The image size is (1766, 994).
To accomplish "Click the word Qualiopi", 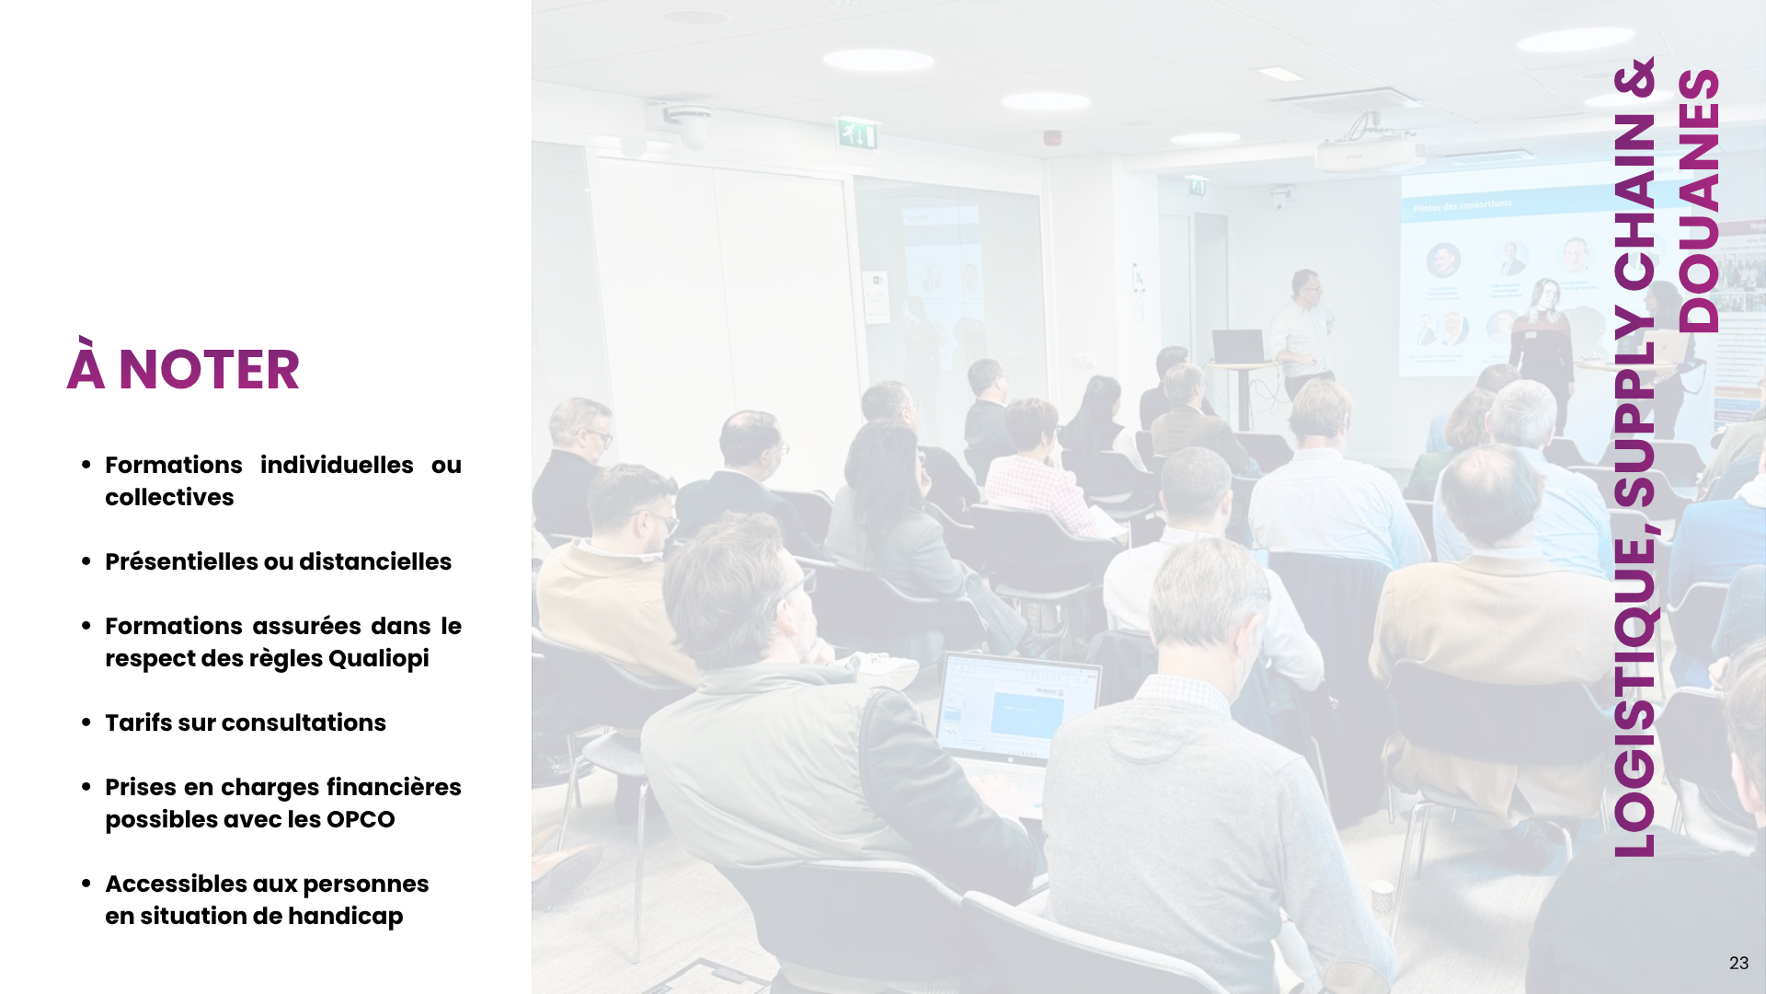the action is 378,659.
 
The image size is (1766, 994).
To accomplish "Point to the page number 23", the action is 1738,963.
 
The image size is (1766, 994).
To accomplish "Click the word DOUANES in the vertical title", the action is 1698,201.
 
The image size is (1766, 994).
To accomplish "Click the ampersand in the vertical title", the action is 1634,77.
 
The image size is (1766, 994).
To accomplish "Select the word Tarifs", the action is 138,722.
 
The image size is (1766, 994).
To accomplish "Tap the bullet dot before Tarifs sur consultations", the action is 86,722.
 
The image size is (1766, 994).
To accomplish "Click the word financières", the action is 394,787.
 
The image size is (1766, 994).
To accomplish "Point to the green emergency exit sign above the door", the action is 856,135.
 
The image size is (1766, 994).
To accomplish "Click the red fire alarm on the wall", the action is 1052,138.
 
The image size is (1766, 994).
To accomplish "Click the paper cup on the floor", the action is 1382,895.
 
